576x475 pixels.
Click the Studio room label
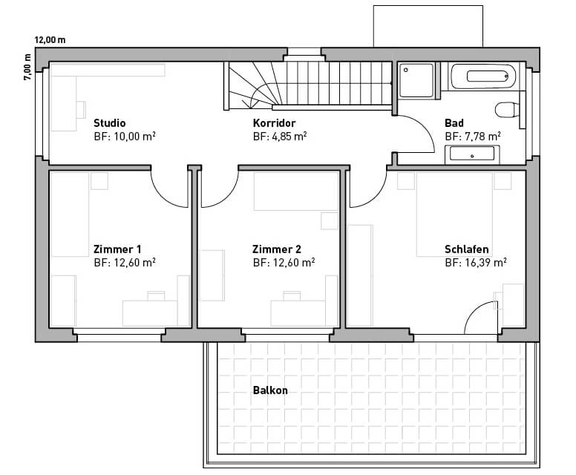point(109,122)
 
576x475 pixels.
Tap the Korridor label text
point(274,122)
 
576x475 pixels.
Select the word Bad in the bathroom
point(454,122)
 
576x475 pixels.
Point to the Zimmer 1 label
point(117,249)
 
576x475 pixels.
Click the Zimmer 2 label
point(277,249)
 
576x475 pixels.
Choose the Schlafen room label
point(467,249)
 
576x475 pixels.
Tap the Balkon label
point(270,390)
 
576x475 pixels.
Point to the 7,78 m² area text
point(482,137)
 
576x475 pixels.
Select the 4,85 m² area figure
point(289,137)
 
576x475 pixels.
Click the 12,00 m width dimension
point(50,39)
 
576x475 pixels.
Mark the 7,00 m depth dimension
point(27,68)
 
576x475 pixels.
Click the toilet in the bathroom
point(506,110)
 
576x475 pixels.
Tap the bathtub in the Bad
point(483,76)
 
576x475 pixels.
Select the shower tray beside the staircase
point(416,81)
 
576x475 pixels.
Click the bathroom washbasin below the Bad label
point(472,154)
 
